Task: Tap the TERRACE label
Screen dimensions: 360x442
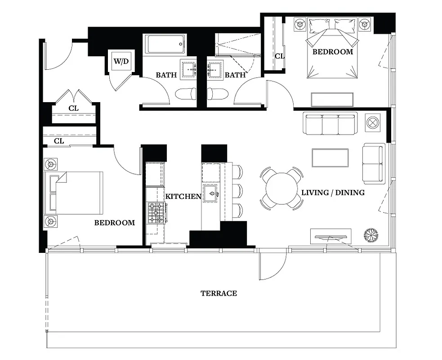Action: pyautogui.click(x=219, y=293)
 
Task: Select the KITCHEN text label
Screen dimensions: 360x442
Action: pyautogui.click(x=183, y=196)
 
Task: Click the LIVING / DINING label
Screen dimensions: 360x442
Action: pyautogui.click(x=333, y=193)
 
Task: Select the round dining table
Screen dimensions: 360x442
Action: pyautogui.click(x=282, y=189)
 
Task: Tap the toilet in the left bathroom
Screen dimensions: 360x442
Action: pyautogui.click(x=185, y=94)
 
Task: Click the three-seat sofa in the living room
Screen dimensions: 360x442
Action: pyautogui.click(x=330, y=123)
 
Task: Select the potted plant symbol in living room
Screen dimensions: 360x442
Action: pyautogui.click(x=371, y=234)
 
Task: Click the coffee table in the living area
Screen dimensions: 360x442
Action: pyautogui.click(x=330, y=157)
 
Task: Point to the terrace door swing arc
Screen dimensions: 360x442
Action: pyautogui.click(x=272, y=265)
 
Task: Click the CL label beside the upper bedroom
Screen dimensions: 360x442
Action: pyautogui.click(x=279, y=56)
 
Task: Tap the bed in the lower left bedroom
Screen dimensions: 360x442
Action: pyautogui.click(x=74, y=192)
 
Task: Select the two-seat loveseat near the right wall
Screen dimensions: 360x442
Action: pyautogui.click(x=374, y=163)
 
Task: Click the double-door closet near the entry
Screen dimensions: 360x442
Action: pyautogui.click(x=74, y=108)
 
